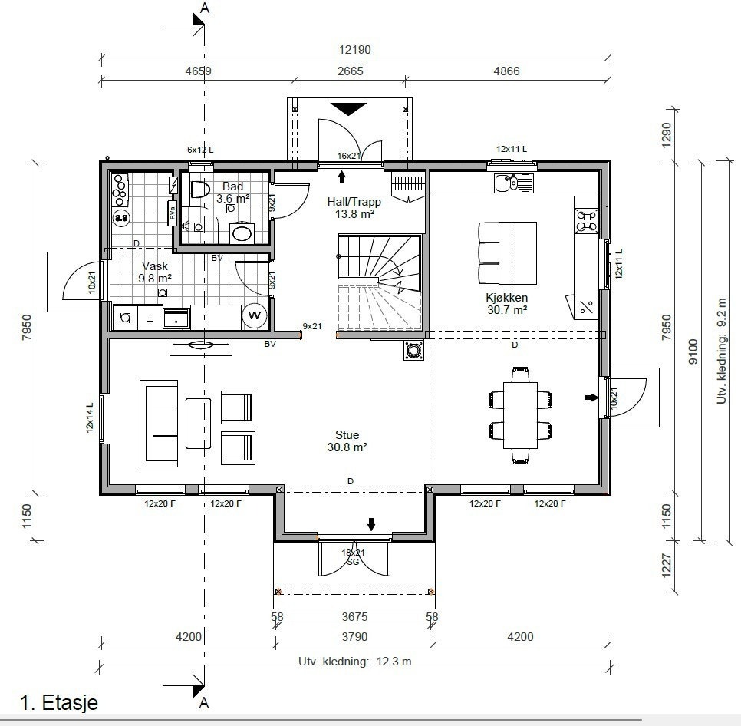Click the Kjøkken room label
click(x=506, y=298)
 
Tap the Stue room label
click(x=347, y=435)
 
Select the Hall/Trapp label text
click(x=354, y=202)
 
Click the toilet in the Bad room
click(x=200, y=190)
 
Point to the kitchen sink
click(x=514, y=183)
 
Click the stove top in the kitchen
click(x=587, y=221)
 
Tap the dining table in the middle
click(x=520, y=415)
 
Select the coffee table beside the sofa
click(x=198, y=423)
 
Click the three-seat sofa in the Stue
click(x=159, y=423)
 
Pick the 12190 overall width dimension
click(x=355, y=50)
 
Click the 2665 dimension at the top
click(x=351, y=71)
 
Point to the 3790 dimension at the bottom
click(x=354, y=637)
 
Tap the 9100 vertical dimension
click(x=693, y=351)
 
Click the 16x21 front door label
click(x=349, y=156)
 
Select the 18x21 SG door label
click(x=353, y=557)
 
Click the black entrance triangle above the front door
click(x=348, y=109)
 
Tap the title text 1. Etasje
click(x=59, y=702)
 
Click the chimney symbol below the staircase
click(x=414, y=350)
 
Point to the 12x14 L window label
click(x=90, y=417)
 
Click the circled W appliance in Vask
click(x=254, y=315)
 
